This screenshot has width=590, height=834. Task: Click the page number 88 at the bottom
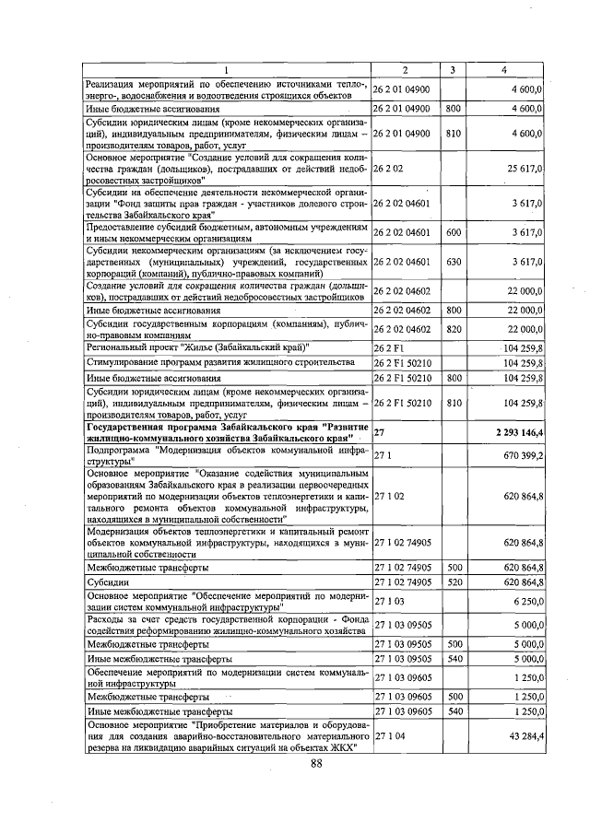click(316, 764)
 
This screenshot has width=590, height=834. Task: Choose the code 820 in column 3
click(453, 328)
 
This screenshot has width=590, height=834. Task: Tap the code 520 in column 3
click(453, 582)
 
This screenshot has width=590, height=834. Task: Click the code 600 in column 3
click(453, 233)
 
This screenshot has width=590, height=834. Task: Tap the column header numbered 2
click(405, 70)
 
